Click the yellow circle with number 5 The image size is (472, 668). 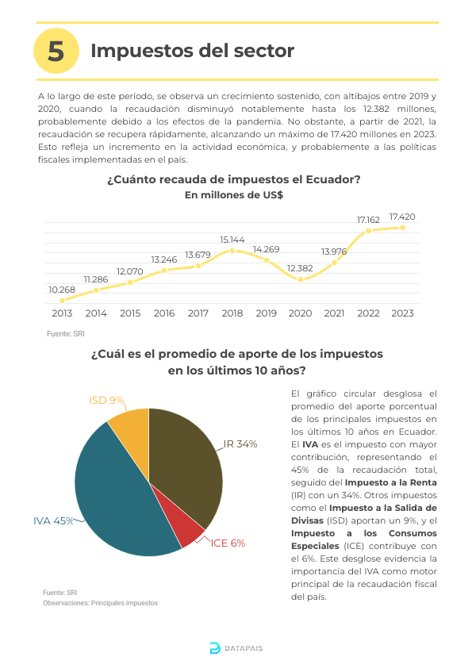56,51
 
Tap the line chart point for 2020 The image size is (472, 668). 301,279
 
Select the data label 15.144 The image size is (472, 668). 232,240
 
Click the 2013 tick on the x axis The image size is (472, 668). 62,313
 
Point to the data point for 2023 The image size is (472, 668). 402,228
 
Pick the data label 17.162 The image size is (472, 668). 368,220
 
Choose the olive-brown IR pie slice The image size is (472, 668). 187,460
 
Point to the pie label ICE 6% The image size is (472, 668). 228,543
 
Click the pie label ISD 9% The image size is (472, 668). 106,401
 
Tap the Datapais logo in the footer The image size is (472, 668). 236,648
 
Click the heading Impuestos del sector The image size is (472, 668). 192,51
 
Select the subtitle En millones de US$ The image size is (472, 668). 234,195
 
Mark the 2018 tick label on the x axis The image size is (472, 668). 232,313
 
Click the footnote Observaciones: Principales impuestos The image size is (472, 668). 100,603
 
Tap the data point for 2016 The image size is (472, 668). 164,270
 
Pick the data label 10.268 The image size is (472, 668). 62,290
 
